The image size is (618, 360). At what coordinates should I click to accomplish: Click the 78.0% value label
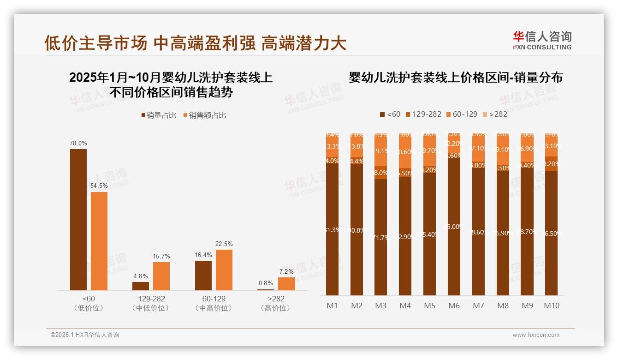click(x=78, y=144)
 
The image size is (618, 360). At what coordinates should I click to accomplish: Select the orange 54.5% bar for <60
click(x=99, y=240)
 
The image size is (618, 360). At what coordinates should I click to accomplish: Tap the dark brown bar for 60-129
click(x=203, y=275)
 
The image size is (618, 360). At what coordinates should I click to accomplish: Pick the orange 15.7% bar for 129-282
click(x=161, y=276)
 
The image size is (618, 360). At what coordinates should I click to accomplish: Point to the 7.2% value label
click(x=286, y=272)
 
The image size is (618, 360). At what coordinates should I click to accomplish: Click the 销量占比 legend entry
click(x=159, y=115)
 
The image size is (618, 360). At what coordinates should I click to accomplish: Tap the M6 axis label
click(x=454, y=306)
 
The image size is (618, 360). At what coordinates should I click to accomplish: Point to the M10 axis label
click(x=552, y=306)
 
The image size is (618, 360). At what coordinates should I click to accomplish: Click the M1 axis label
click(x=333, y=306)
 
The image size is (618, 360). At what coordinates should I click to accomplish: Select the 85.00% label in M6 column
click(x=454, y=227)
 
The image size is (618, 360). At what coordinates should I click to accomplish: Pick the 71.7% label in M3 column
click(x=381, y=237)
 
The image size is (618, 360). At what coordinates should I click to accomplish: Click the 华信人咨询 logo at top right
click(x=542, y=40)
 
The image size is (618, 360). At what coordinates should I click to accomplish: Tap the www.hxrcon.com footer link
click(x=536, y=335)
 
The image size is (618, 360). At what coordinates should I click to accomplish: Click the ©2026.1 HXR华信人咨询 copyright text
click(x=85, y=335)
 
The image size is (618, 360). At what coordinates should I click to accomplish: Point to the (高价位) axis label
click(x=276, y=308)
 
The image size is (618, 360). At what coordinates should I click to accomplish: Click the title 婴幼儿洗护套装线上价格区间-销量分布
click(x=456, y=78)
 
